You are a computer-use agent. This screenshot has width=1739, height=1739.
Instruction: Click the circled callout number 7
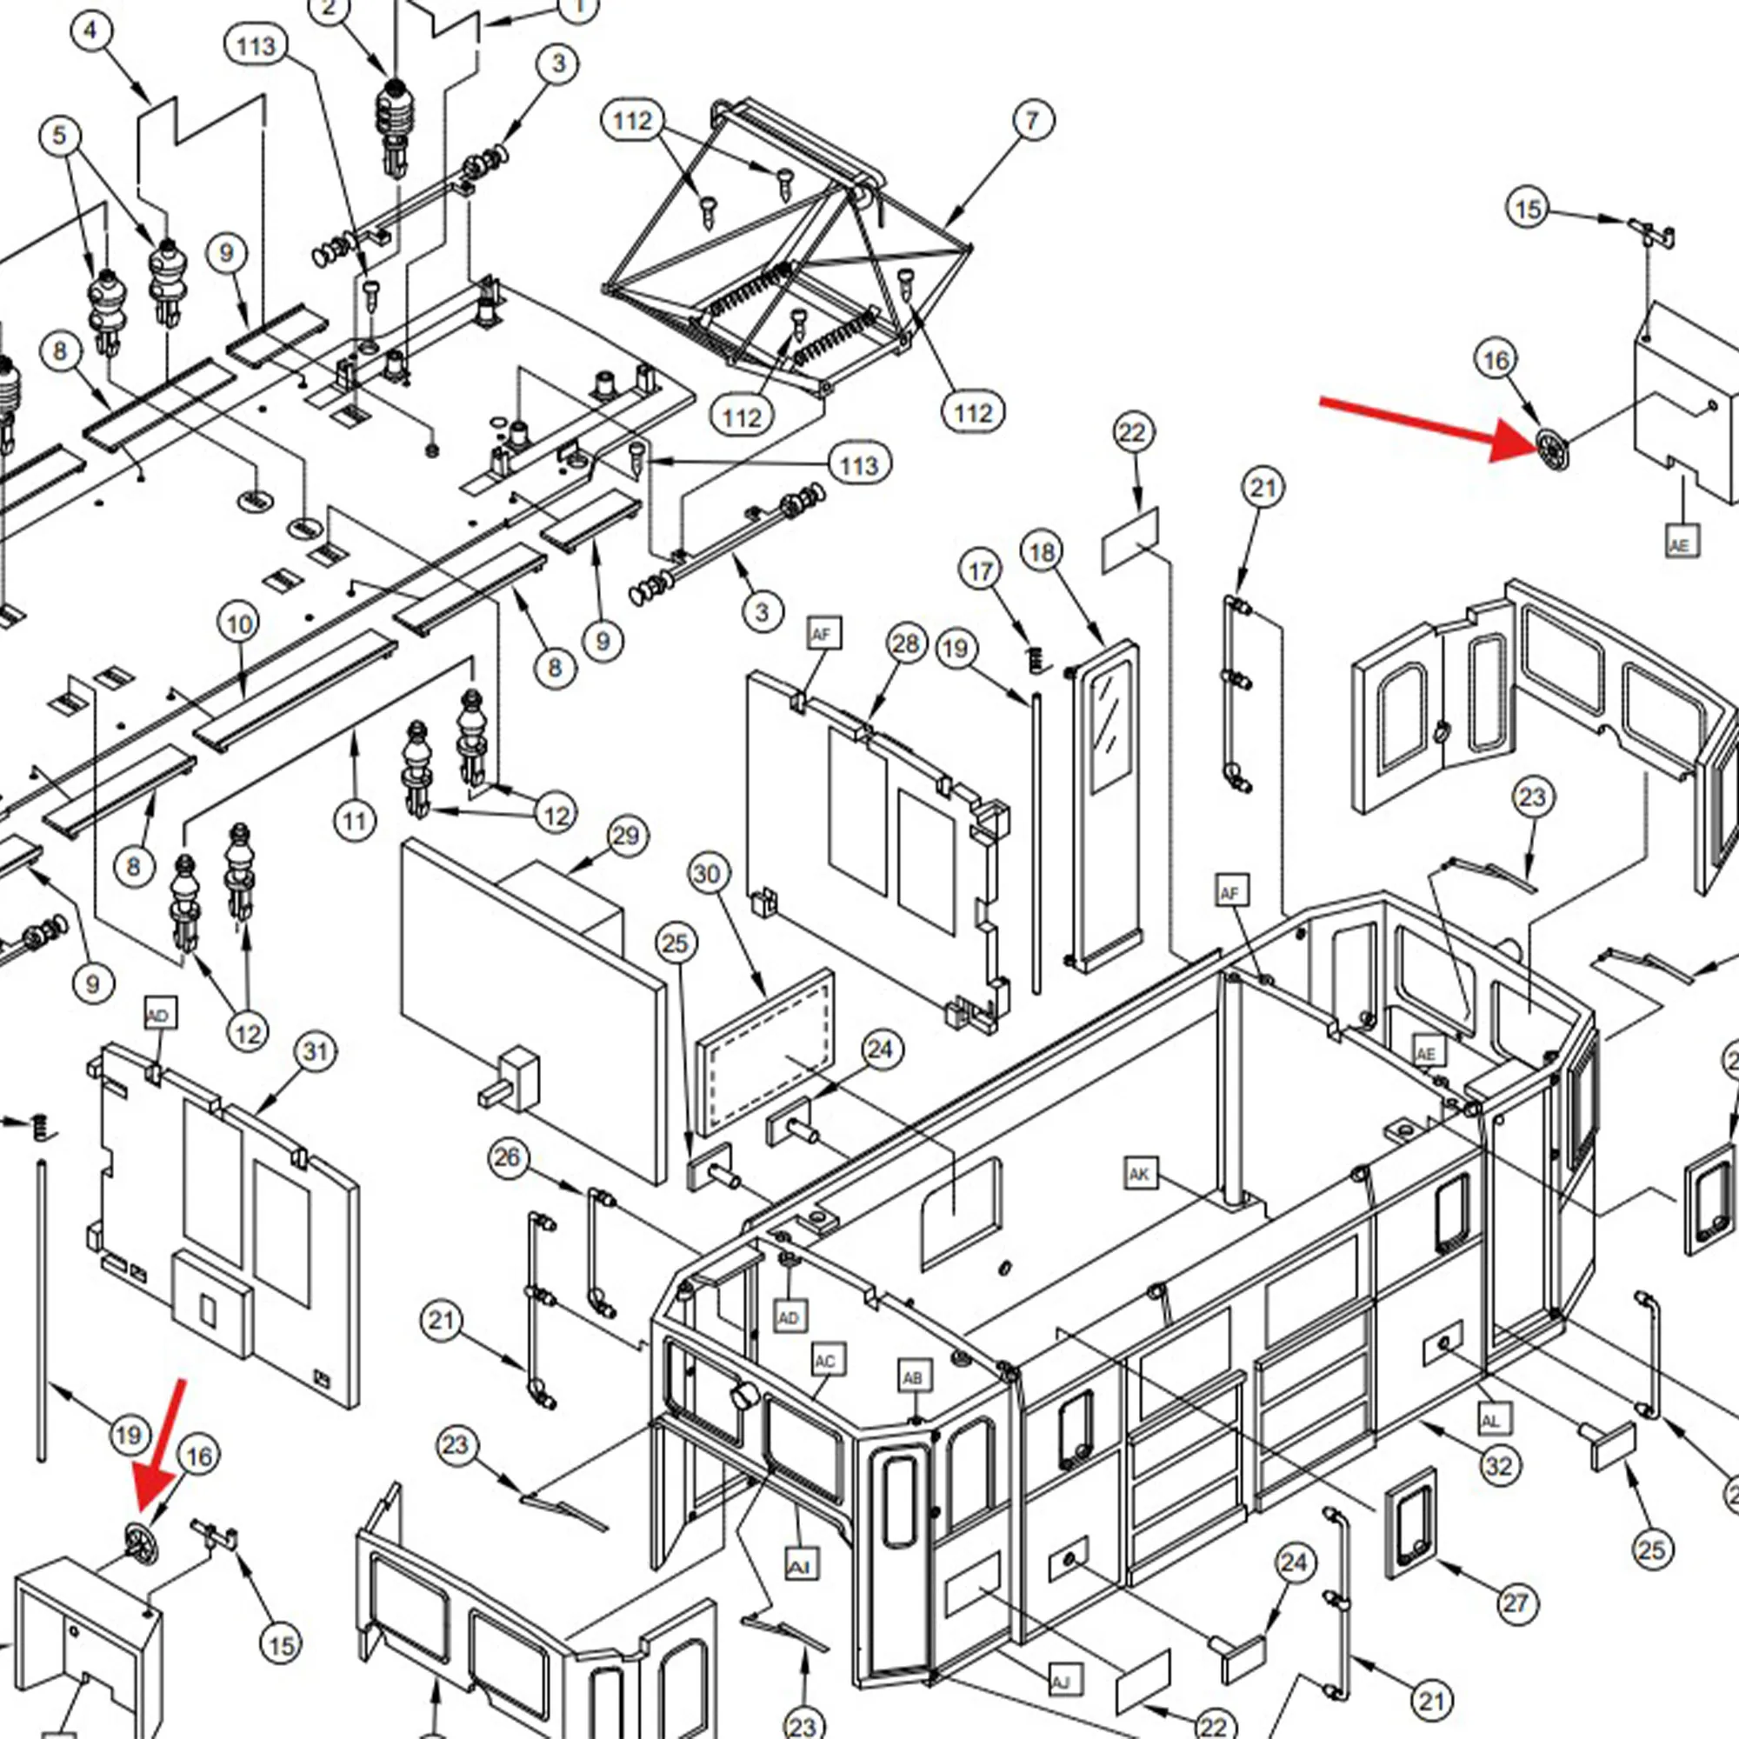coord(1031,121)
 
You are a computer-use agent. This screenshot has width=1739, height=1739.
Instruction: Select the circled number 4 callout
coord(90,31)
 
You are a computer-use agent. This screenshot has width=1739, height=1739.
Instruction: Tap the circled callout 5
coord(59,136)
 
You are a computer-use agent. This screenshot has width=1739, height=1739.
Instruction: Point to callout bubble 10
coord(238,623)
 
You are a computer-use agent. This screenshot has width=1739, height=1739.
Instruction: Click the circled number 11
coord(355,820)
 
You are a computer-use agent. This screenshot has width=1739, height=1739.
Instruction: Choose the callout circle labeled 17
coord(980,570)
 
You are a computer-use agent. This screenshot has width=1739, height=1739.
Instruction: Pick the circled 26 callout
coord(508,1157)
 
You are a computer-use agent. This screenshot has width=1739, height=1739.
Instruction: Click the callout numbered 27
coord(1516,1602)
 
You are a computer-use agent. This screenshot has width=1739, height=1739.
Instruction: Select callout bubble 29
coord(625,836)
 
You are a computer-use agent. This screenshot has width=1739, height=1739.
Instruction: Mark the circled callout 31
coord(315,1051)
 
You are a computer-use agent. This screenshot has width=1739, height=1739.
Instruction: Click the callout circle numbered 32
coord(1499,1466)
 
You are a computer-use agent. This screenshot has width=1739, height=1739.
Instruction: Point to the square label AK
coord(1140,1174)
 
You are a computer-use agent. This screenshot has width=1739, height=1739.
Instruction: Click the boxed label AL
coord(1490,1421)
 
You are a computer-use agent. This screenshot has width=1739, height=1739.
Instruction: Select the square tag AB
coord(913,1378)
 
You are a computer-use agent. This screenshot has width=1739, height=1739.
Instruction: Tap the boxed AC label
coord(825,1360)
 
